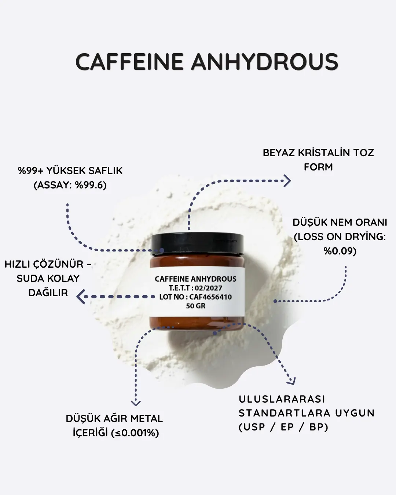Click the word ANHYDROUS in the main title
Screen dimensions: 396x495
point(265,62)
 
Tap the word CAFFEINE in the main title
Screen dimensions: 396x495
point(129,62)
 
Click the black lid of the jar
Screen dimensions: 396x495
point(197,244)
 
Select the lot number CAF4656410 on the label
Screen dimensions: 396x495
point(210,297)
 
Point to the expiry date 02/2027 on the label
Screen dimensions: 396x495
point(209,288)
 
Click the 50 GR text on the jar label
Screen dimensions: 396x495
point(195,306)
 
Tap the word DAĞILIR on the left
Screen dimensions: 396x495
point(48,293)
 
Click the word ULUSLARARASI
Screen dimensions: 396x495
point(282,399)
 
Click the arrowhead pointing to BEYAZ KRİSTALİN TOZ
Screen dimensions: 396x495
point(287,181)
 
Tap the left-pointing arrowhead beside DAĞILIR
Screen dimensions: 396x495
point(81,297)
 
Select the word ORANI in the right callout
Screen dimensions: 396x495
point(371,223)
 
